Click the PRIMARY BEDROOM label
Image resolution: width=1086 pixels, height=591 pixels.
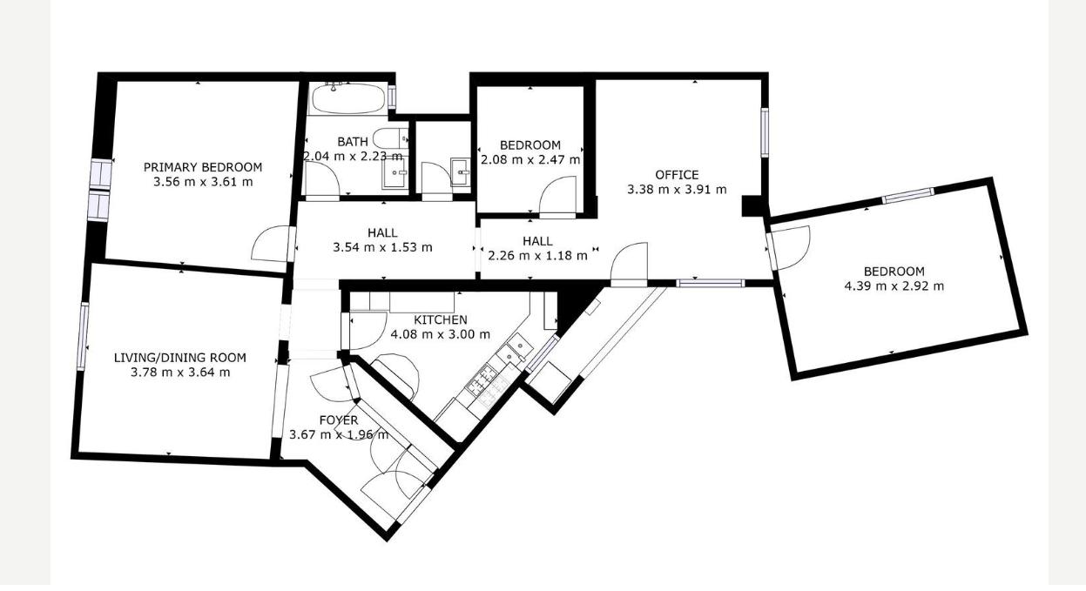tap(203, 167)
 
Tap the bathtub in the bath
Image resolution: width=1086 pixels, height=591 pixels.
tap(348, 98)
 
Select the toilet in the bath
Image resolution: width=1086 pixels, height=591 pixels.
tap(391, 138)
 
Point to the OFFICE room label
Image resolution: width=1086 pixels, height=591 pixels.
tap(677, 175)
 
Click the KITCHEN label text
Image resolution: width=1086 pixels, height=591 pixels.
tap(440, 319)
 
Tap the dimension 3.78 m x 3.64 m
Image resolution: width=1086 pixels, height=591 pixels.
tap(180, 373)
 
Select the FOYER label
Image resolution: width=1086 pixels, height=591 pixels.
tap(339, 420)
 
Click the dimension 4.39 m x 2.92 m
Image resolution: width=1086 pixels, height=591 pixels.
tap(894, 285)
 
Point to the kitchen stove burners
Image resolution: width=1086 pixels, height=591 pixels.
tap(487, 385)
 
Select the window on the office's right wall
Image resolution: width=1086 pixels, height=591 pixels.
tap(765, 132)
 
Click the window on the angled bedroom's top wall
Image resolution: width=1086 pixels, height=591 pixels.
tap(907, 195)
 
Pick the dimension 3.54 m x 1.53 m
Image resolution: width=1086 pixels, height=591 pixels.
tap(382, 247)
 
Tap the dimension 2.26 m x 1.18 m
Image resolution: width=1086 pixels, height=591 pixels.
tap(537, 255)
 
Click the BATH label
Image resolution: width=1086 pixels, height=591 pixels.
tap(353, 142)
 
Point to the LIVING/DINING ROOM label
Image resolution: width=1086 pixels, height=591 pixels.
tap(180, 358)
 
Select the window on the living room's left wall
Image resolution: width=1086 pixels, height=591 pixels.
tap(83, 337)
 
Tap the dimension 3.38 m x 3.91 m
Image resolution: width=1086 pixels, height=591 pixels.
tap(677, 190)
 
